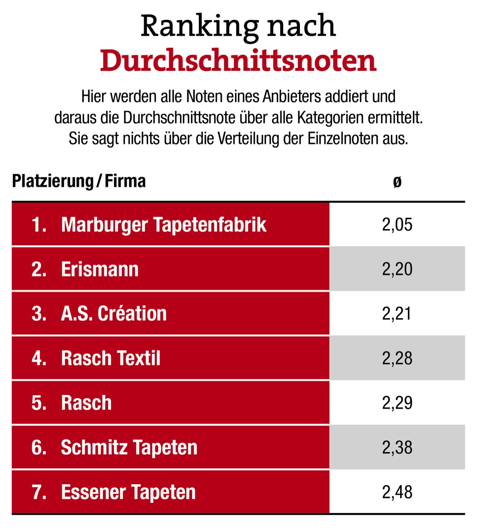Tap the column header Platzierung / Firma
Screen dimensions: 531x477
(79, 181)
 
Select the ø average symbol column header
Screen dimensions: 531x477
(397, 182)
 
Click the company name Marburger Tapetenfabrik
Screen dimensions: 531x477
(163, 224)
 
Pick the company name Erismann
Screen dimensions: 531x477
(100, 269)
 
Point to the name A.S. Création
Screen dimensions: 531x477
(114, 314)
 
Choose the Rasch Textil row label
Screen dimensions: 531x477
(110, 358)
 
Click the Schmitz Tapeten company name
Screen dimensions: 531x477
(129, 448)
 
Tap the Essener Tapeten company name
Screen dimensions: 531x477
(128, 492)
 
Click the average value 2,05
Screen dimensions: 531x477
(397, 224)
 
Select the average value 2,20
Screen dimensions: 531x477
(397, 269)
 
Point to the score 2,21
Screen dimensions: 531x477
(397, 314)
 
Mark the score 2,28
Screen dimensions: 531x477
(397, 358)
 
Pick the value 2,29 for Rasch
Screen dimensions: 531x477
(397, 403)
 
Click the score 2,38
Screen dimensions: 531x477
(397, 448)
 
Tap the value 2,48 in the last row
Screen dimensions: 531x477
(397, 492)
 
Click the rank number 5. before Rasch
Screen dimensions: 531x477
(39, 403)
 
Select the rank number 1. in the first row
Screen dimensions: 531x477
(39, 224)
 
